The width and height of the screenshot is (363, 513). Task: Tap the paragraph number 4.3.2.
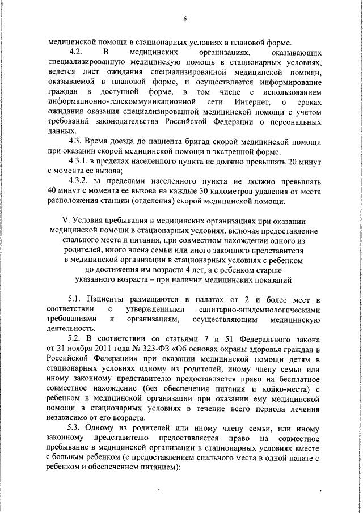point(81,182)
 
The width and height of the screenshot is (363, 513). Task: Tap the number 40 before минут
point(54,192)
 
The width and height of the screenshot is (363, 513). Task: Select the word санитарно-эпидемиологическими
point(263,310)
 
